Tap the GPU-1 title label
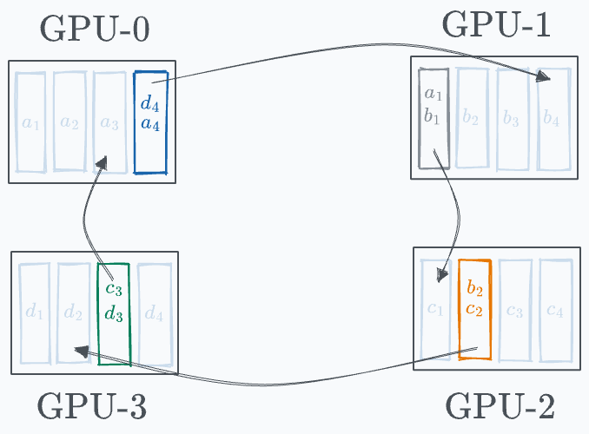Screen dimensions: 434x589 [x=496, y=26]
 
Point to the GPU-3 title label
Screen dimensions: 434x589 [x=93, y=405]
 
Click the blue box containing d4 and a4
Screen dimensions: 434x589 [x=150, y=122]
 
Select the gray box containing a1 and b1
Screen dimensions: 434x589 [x=433, y=118]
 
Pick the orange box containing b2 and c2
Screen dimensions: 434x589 [x=475, y=309]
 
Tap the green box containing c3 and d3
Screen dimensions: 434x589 [x=114, y=312]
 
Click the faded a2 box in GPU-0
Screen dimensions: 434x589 [x=69, y=122]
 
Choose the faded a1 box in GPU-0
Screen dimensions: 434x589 [x=30, y=122]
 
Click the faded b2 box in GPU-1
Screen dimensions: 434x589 [x=472, y=118]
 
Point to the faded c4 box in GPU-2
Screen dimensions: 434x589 [x=554, y=309]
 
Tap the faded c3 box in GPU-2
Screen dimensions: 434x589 [x=514, y=309]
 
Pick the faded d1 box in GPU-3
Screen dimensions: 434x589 [x=34, y=313]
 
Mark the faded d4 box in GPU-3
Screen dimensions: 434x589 [x=154, y=313]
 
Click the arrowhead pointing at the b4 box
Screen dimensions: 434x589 [x=544, y=79]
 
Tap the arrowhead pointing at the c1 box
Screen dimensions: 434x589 [x=444, y=277]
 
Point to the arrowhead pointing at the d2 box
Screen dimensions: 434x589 [x=80, y=351]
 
